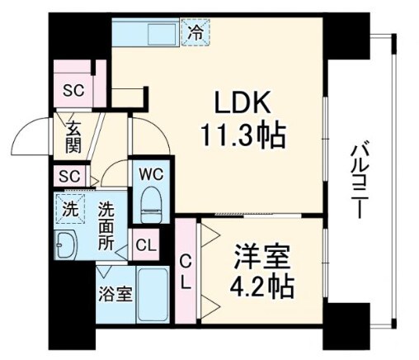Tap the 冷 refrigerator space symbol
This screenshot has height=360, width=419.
(x=195, y=34)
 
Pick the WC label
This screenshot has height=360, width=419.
(x=150, y=175)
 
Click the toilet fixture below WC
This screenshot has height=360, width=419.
(x=151, y=202)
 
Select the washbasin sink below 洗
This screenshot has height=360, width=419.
(x=66, y=244)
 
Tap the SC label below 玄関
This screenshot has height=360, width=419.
(x=69, y=177)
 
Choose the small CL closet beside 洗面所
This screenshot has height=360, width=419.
(x=144, y=244)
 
